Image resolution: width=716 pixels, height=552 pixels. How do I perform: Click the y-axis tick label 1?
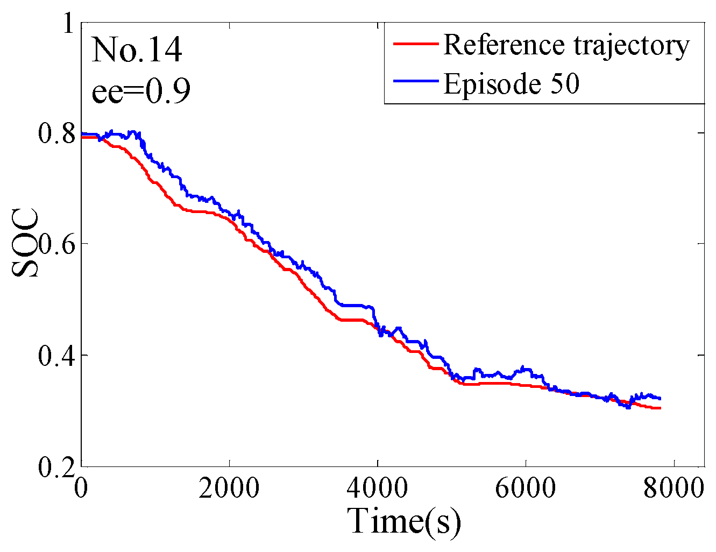68,24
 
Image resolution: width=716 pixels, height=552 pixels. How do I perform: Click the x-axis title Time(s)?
405,521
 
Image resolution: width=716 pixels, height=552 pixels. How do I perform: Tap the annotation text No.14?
137,50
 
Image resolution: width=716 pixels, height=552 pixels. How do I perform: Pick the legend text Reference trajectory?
566,45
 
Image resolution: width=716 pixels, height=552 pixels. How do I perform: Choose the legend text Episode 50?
511,83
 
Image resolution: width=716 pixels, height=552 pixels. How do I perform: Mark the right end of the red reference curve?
660,408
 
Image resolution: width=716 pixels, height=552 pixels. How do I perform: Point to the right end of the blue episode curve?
660,399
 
